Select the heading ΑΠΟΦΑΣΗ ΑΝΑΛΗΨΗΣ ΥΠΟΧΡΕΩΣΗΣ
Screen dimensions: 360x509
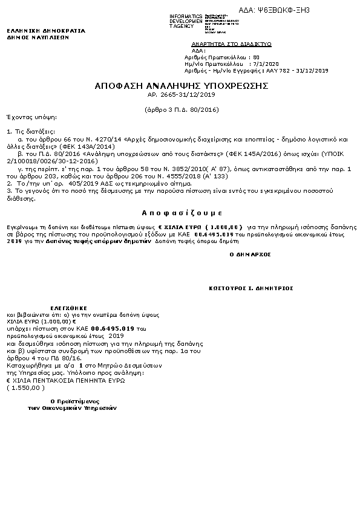[182, 86]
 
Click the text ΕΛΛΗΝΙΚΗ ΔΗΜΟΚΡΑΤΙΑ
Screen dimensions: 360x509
[46, 30]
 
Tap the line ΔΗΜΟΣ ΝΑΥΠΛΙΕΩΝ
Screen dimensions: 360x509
[38, 37]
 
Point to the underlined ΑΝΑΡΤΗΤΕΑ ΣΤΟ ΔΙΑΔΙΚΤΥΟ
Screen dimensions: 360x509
[231, 44]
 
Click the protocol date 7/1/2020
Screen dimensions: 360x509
[266, 63]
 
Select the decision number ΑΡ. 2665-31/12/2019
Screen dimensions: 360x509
[182, 95]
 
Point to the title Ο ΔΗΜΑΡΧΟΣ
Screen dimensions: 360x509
[250, 254]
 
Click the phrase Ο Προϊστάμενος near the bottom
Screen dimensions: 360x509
[74, 401]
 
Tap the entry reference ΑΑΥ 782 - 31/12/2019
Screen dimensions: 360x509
[292, 70]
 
